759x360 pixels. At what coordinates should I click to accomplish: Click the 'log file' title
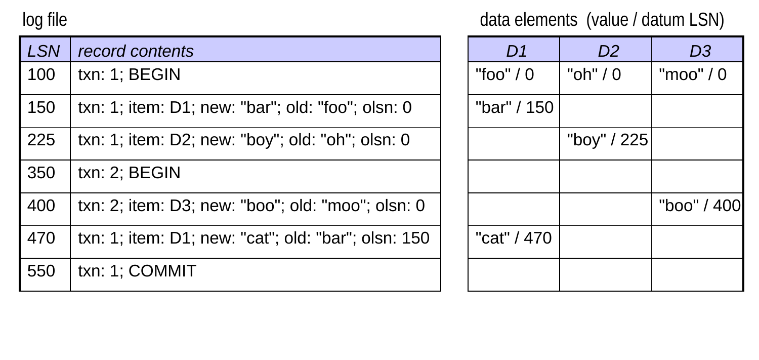pyautogui.click(x=45, y=20)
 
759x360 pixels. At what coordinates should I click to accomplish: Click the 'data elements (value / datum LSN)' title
pyautogui.click(x=602, y=20)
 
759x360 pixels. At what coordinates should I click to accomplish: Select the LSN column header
pyautogui.click(x=44, y=51)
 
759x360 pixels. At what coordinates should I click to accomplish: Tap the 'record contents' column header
pyautogui.click(x=136, y=51)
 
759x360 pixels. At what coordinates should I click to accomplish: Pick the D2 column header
pyautogui.click(x=608, y=51)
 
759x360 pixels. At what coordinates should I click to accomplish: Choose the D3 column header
pyautogui.click(x=700, y=51)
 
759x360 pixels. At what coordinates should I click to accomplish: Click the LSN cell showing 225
pyautogui.click(x=41, y=140)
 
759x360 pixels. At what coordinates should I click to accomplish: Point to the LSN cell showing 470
pyautogui.click(x=41, y=238)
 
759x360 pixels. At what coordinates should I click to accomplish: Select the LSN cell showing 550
pyautogui.click(x=41, y=271)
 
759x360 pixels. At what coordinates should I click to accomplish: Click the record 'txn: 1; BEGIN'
pyautogui.click(x=129, y=74)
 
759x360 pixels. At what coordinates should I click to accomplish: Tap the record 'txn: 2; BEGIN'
pyautogui.click(x=129, y=173)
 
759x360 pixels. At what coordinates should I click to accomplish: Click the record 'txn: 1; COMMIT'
pyautogui.click(x=137, y=271)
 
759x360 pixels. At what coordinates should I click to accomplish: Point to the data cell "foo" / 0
pyautogui.click(x=504, y=74)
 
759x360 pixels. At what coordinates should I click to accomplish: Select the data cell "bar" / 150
pyautogui.click(x=515, y=107)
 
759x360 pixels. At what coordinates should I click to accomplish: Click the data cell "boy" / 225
pyautogui.click(x=608, y=140)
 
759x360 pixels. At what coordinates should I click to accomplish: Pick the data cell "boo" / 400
pyautogui.click(x=699, y=206)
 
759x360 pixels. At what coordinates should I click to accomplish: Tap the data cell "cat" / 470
pyautogui.click(x=514, y=238)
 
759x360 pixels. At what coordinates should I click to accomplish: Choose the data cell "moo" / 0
pyautogui.click(x=693, y=74)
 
